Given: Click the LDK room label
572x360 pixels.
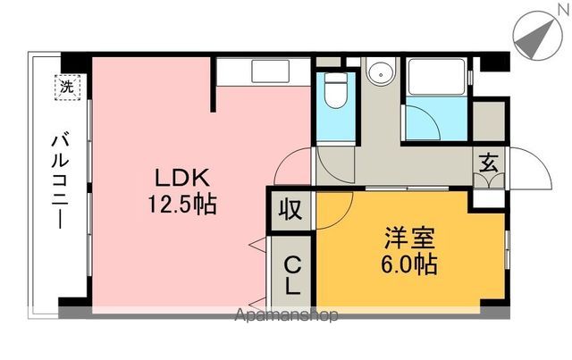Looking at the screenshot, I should pos(183,177).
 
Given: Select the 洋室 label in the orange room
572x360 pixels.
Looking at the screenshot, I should pos(410,239).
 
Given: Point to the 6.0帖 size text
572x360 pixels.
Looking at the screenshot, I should pos(410,265).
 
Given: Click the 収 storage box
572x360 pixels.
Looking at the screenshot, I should pos(289,211).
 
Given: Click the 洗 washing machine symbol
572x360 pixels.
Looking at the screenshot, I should pos(67,88).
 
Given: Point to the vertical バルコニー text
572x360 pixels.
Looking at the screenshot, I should pos(62,180).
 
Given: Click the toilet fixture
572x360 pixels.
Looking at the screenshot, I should pos(337,90).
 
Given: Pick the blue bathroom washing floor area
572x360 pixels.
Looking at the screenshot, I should pos(435,121).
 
